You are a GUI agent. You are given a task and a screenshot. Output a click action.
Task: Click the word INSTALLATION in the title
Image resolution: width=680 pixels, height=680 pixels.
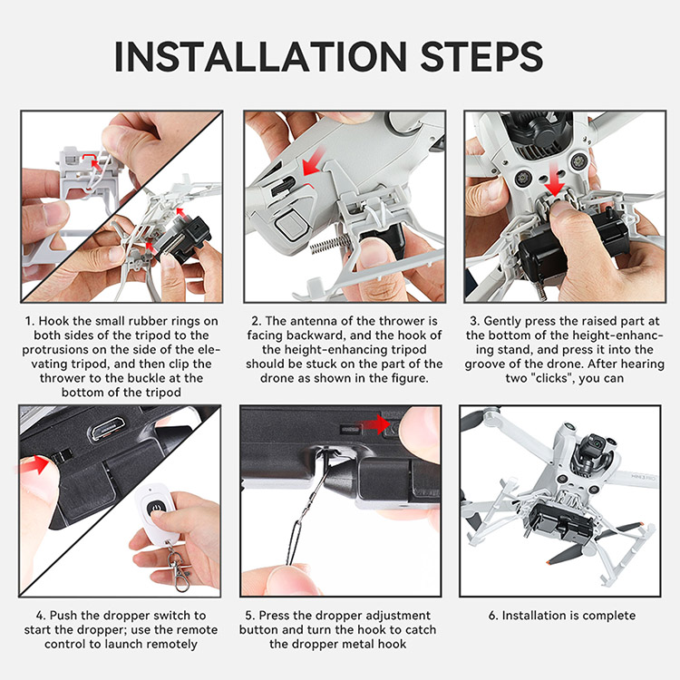[260, 57]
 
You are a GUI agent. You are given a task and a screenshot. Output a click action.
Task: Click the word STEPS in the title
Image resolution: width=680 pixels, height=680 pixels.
[481, 57]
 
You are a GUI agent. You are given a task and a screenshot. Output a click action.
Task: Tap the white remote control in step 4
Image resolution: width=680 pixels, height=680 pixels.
[155, 514]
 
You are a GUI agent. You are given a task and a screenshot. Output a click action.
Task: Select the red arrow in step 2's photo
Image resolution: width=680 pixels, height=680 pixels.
[314, 161]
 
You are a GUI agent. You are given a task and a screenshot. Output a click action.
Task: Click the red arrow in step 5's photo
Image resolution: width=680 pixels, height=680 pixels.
[374, 424]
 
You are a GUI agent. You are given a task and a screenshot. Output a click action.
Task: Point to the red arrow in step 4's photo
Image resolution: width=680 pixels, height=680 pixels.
[34, 464]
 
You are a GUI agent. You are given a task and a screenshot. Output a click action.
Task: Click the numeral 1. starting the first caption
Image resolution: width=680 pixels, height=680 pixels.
[30, 321]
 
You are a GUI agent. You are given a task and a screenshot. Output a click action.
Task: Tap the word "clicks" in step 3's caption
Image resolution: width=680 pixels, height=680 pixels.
[549, 378]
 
